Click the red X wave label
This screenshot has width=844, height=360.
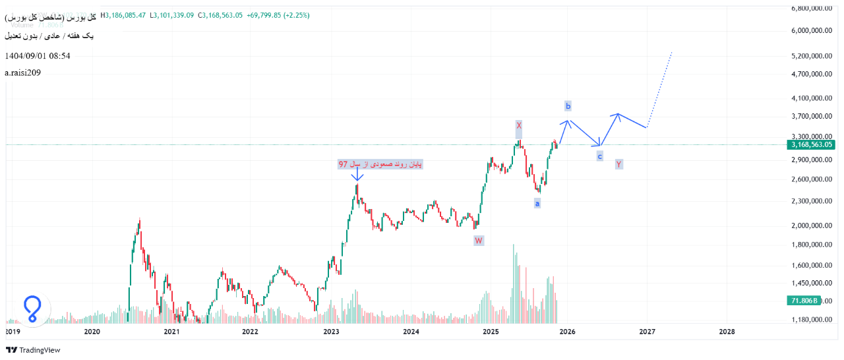[519, 125]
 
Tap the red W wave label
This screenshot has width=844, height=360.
[479, 241]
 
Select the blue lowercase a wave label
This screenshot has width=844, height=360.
[537, 204]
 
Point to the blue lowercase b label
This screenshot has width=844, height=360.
[568, 105]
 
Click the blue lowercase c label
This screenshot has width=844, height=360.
[599, 156]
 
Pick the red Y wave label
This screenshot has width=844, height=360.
[618, 164]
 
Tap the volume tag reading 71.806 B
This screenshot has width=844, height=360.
[802, 301]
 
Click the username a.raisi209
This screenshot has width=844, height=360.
[23, 73]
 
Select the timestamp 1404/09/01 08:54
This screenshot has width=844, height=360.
[38, 56]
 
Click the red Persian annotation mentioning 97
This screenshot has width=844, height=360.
[380, 164]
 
